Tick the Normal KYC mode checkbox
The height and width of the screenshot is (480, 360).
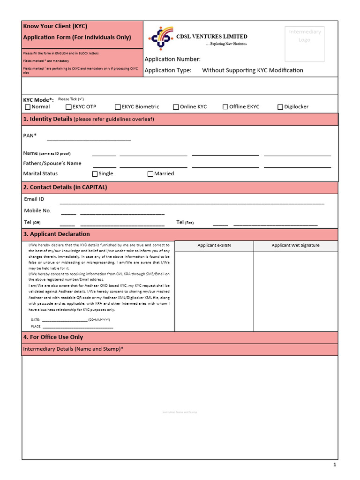click(x=28, y=107)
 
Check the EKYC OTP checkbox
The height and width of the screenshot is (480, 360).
click(x=68, y=107)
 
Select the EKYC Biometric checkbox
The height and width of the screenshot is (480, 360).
click(x=118, y=107)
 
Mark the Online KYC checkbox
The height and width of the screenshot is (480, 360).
click(x=176, y=107)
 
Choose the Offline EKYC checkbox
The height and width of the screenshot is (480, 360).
click(x=225, y=107)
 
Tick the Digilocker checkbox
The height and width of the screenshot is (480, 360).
click(x=280, y=107)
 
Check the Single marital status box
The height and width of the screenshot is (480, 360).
click(x=95, y=174)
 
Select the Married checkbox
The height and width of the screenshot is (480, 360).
click(x=150, y=174)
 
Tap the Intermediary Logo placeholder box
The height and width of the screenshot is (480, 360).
click(x=304, y=44)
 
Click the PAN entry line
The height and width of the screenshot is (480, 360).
click(x=89, y=140)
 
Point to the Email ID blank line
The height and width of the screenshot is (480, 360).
click(x=192, y=203)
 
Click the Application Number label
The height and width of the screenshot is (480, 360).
click(x=172, y=59)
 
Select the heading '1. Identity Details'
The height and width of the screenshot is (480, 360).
click(x=48, y=119)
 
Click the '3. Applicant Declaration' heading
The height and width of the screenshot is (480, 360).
click(x=56, y=234)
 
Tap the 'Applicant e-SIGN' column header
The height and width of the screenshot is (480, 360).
click(x=214, y=246)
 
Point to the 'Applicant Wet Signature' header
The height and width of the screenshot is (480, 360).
click(x=295, y=246)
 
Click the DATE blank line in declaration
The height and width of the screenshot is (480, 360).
click(x=65, y=320)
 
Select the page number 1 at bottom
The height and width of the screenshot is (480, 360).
click(x=335, y=465)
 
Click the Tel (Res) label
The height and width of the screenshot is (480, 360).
click(x=185, y=222)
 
